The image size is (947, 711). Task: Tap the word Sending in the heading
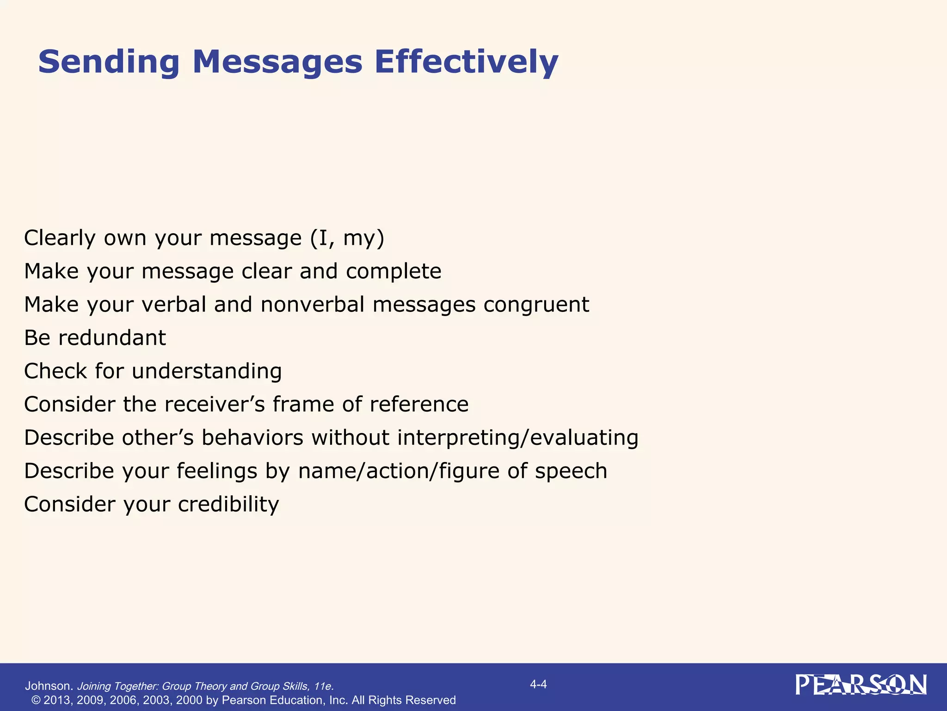(x=109, y=62)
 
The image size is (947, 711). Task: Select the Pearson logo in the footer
(x=861, y=685)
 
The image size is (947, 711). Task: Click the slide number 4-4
(x=538, y=684)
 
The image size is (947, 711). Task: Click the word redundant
(x=111, y=338)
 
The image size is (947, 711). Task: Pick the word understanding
(x=207, y=371)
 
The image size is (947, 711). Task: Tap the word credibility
(x=228, y=504)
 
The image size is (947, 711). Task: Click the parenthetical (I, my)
(x=347, y=238)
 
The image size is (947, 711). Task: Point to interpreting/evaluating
(x=517, y=438)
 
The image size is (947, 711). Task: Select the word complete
(x=394, y=271)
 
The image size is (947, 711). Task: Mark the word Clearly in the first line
(x=60, y=238)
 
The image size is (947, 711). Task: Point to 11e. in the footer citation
(x=323, y=686)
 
